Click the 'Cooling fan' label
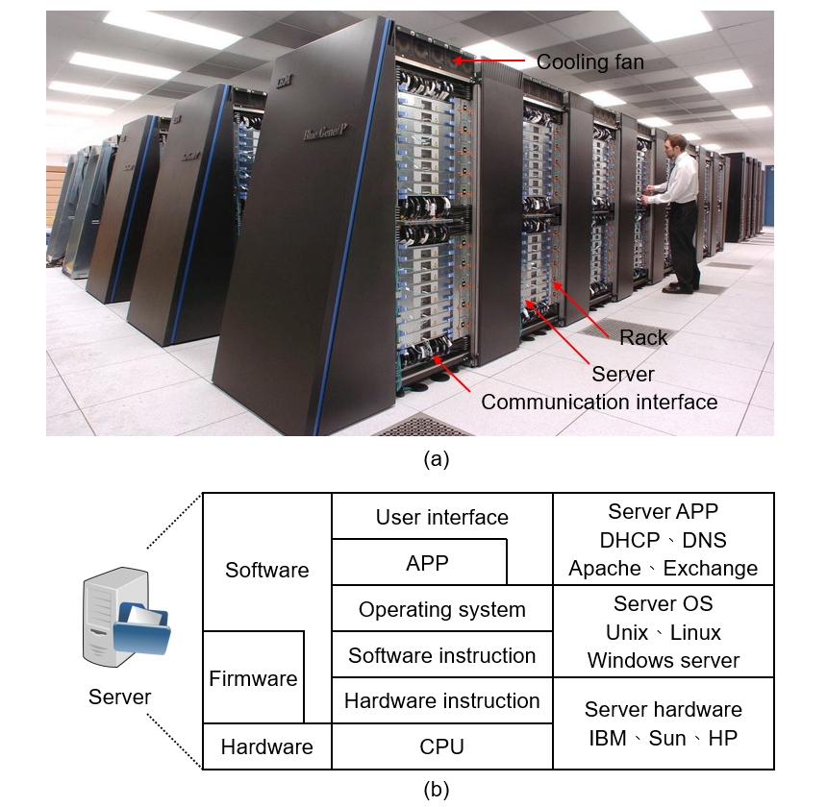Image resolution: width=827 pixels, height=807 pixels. coord(589,62)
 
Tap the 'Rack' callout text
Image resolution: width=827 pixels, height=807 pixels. coord(643,337)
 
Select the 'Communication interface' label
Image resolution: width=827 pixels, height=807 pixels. coord(599,402)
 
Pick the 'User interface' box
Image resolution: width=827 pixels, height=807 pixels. coord(442,517)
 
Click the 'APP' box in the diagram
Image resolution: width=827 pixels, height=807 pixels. coord(427,562)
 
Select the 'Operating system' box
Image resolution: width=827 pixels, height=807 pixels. coord(442,609)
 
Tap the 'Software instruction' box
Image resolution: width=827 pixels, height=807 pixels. coord(442,655)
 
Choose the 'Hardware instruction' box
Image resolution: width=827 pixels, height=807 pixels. coord(442,700)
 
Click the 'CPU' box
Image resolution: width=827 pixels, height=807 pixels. coord(442,746)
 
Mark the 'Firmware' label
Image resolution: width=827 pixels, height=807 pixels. coord(253,678)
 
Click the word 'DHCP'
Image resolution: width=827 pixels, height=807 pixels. coord(632,540)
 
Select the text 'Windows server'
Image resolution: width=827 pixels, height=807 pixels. coord(664,660)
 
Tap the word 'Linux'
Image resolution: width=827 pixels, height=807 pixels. coord(696,632)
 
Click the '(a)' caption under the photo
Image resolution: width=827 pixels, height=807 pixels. coord(436,459)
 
